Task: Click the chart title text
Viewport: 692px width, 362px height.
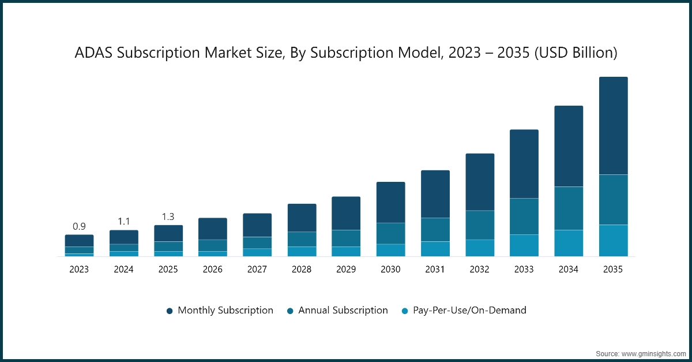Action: coord(346,53)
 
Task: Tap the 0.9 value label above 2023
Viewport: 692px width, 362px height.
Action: coord(79,226)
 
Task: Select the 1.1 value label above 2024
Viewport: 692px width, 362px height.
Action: coord(123,221)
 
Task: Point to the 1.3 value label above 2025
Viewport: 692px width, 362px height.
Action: coord(168,217)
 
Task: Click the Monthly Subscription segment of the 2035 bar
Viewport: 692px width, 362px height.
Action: coord(613,126)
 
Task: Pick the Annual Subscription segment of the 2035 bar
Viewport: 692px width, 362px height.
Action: coord(613,199)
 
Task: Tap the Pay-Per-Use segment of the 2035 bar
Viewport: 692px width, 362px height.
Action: coord(613,240)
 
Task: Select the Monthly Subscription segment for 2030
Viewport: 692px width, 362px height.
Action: coord(390,202)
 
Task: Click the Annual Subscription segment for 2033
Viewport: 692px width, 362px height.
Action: coord(524,217)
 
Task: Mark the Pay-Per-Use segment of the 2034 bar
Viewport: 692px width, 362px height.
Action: coord(569,243)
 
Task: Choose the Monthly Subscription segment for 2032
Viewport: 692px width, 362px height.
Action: coord(480,182)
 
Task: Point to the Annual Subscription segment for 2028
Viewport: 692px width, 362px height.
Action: coord(302,239)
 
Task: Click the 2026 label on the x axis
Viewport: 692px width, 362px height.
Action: coord(213,269)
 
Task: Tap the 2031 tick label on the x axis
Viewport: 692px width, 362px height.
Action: coord(435,269)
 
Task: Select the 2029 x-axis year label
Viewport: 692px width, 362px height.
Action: coord(346,269)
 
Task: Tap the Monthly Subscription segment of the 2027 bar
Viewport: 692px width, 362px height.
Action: coord(257,225)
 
